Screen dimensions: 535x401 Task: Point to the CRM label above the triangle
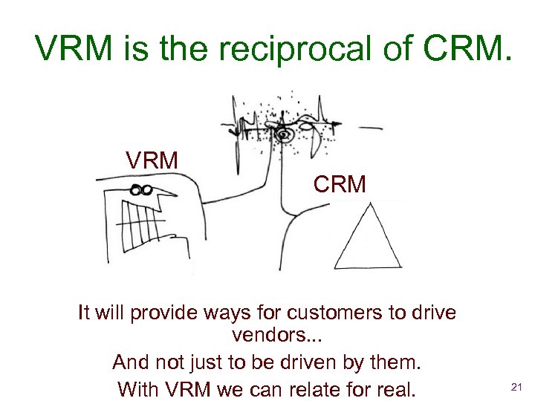[x=340, y=184]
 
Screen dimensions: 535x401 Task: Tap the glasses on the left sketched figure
[x=140, y=190]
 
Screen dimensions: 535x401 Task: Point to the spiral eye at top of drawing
[x=282, y=135]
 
